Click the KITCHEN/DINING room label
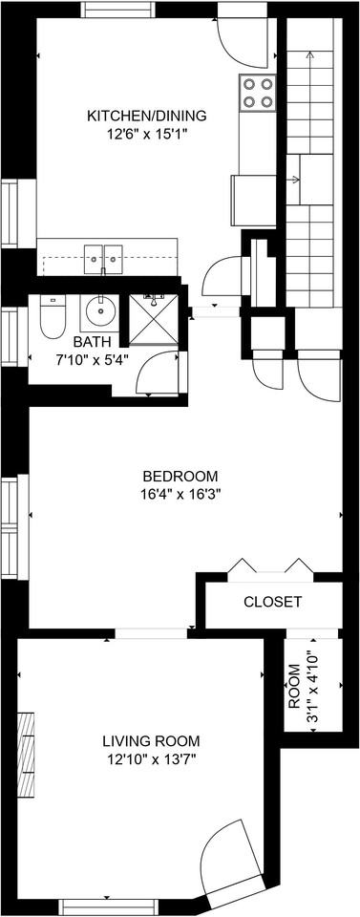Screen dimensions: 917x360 [146, 116]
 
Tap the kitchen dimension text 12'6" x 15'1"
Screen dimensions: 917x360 [146, 134]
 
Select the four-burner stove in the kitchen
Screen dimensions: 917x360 [257, 93]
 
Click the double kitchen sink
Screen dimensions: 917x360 [103, 257]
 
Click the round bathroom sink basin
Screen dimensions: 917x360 [97, 310]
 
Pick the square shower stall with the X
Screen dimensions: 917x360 [153, 319]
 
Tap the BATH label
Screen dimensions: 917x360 [92, 342]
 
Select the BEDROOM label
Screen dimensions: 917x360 [180, 476]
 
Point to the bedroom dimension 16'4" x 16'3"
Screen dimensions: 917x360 [180, 494]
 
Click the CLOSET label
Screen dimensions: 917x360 [273, 602]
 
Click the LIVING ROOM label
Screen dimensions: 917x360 [152, 740]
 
